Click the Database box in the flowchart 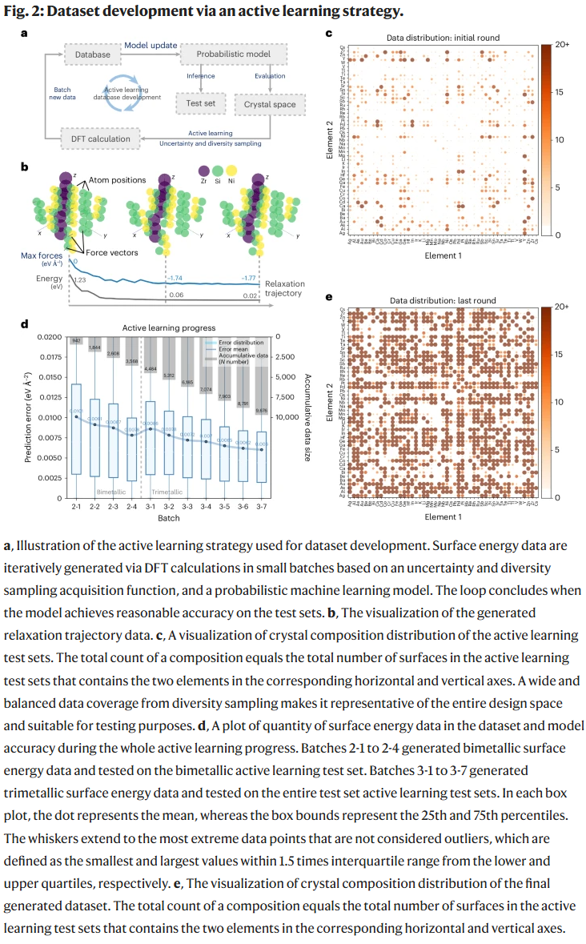pos(92,54)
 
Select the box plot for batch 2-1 pos(76,428)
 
